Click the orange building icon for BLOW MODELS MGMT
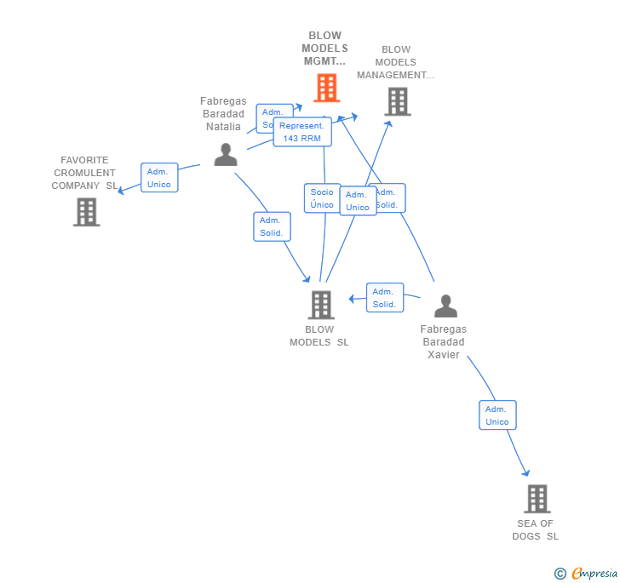[x=326, y=88]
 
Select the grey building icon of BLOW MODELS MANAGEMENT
[x=397, y=101]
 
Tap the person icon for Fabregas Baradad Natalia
[x=225, y=154]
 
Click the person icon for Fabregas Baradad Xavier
[x=445, y=306]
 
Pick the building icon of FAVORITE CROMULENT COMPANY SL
[x=86, y=212]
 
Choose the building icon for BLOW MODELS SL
[x=320, y=305]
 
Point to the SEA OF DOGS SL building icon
[x=537, y=499]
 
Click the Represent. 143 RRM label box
[x=302, y=132]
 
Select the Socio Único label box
[x=322, y=198]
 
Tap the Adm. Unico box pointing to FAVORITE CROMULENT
[x=159, y=178]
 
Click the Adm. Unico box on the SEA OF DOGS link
[x=497, y=415]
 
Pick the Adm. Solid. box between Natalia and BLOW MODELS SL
[x=272, y=226]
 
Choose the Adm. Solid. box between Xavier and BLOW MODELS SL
[x=384, y=298]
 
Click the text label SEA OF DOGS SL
[x=536, y=529]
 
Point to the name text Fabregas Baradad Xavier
[x=443, y=341]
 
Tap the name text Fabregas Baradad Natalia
[x=223, y=113]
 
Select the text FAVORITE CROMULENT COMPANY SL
[x=84, y=173]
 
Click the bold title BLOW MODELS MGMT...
[x=324, y=49]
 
